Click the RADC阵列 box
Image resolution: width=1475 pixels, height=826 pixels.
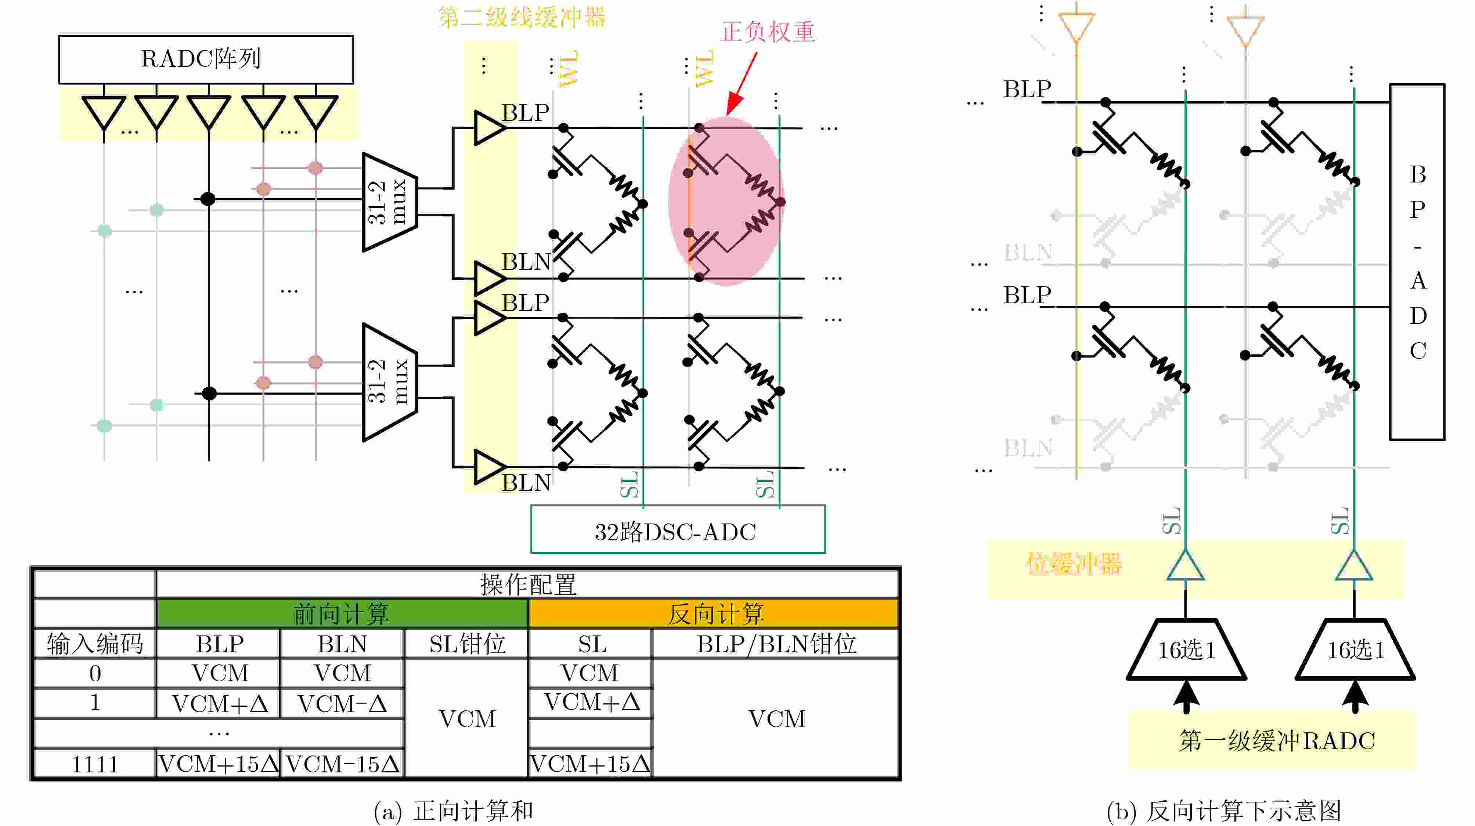pyautogui.click(x=206, y=59)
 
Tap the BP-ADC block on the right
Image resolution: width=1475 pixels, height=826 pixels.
pyautogui.click(x=1417, y=262)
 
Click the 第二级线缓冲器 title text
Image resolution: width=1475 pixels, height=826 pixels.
pyautogui.click(x=522, y=17)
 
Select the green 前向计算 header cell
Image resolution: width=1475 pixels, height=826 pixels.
pyautogui.click(x=342, y=613)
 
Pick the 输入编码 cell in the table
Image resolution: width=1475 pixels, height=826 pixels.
pyautogui.click(x=95, y=644)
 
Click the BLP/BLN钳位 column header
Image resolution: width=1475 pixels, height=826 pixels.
pyautogui.click(x=776, y=644)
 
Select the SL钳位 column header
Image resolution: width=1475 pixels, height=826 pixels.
pyautogui.click(x=467, y=644)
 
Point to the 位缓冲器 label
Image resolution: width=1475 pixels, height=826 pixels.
pyautogui.click(x=1074, y=564)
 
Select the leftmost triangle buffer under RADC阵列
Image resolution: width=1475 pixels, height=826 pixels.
pyautogui.click(x=104, y=111)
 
